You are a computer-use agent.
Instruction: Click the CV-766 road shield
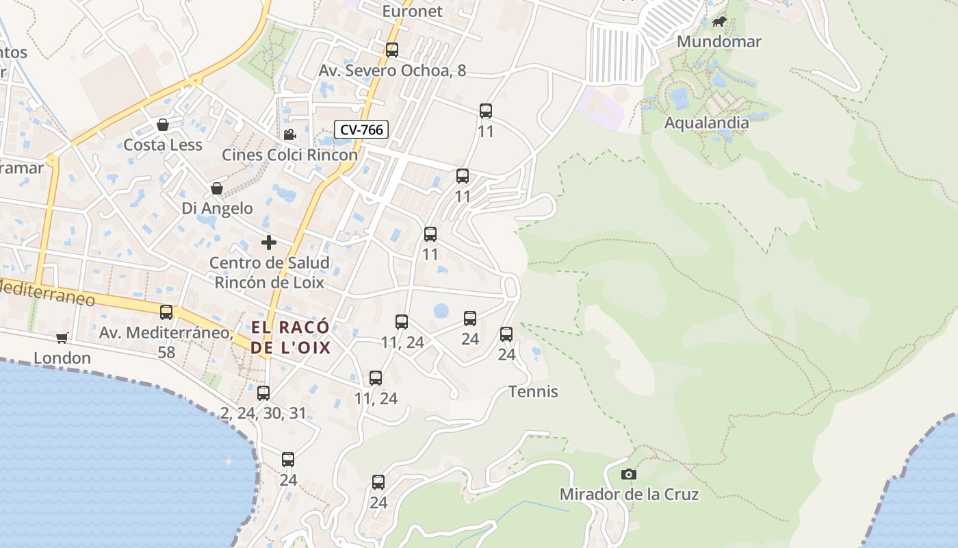click(361, 129)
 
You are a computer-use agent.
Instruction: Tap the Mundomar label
click(718, 42)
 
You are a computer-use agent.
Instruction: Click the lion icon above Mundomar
click(718, 22)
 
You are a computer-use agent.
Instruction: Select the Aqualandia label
click(706, 123)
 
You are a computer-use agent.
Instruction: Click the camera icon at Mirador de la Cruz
click(628, 474)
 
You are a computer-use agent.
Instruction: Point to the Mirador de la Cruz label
click(629, 494)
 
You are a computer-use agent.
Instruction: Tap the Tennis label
click(533, 392)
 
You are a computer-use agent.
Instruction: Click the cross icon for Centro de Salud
click(269, 242)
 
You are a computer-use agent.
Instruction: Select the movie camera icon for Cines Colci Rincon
click(289, 134)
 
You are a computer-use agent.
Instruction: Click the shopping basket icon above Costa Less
click(163, 125)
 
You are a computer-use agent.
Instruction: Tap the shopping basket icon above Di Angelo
click(217, 188)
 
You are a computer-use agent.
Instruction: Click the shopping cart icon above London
click(62, 338)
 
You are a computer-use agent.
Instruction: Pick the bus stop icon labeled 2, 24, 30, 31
click(263, 393)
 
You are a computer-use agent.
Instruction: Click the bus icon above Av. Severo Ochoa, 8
click(391, 50)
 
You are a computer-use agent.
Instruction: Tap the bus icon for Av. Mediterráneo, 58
click(166, 312)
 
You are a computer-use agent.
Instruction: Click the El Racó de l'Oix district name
click(290, 337)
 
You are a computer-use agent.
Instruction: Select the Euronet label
click(412, 11)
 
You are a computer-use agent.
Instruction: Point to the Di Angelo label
click(217, 208)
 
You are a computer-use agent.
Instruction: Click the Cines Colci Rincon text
click(289, 155)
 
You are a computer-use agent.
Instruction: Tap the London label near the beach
click(62, 358)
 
